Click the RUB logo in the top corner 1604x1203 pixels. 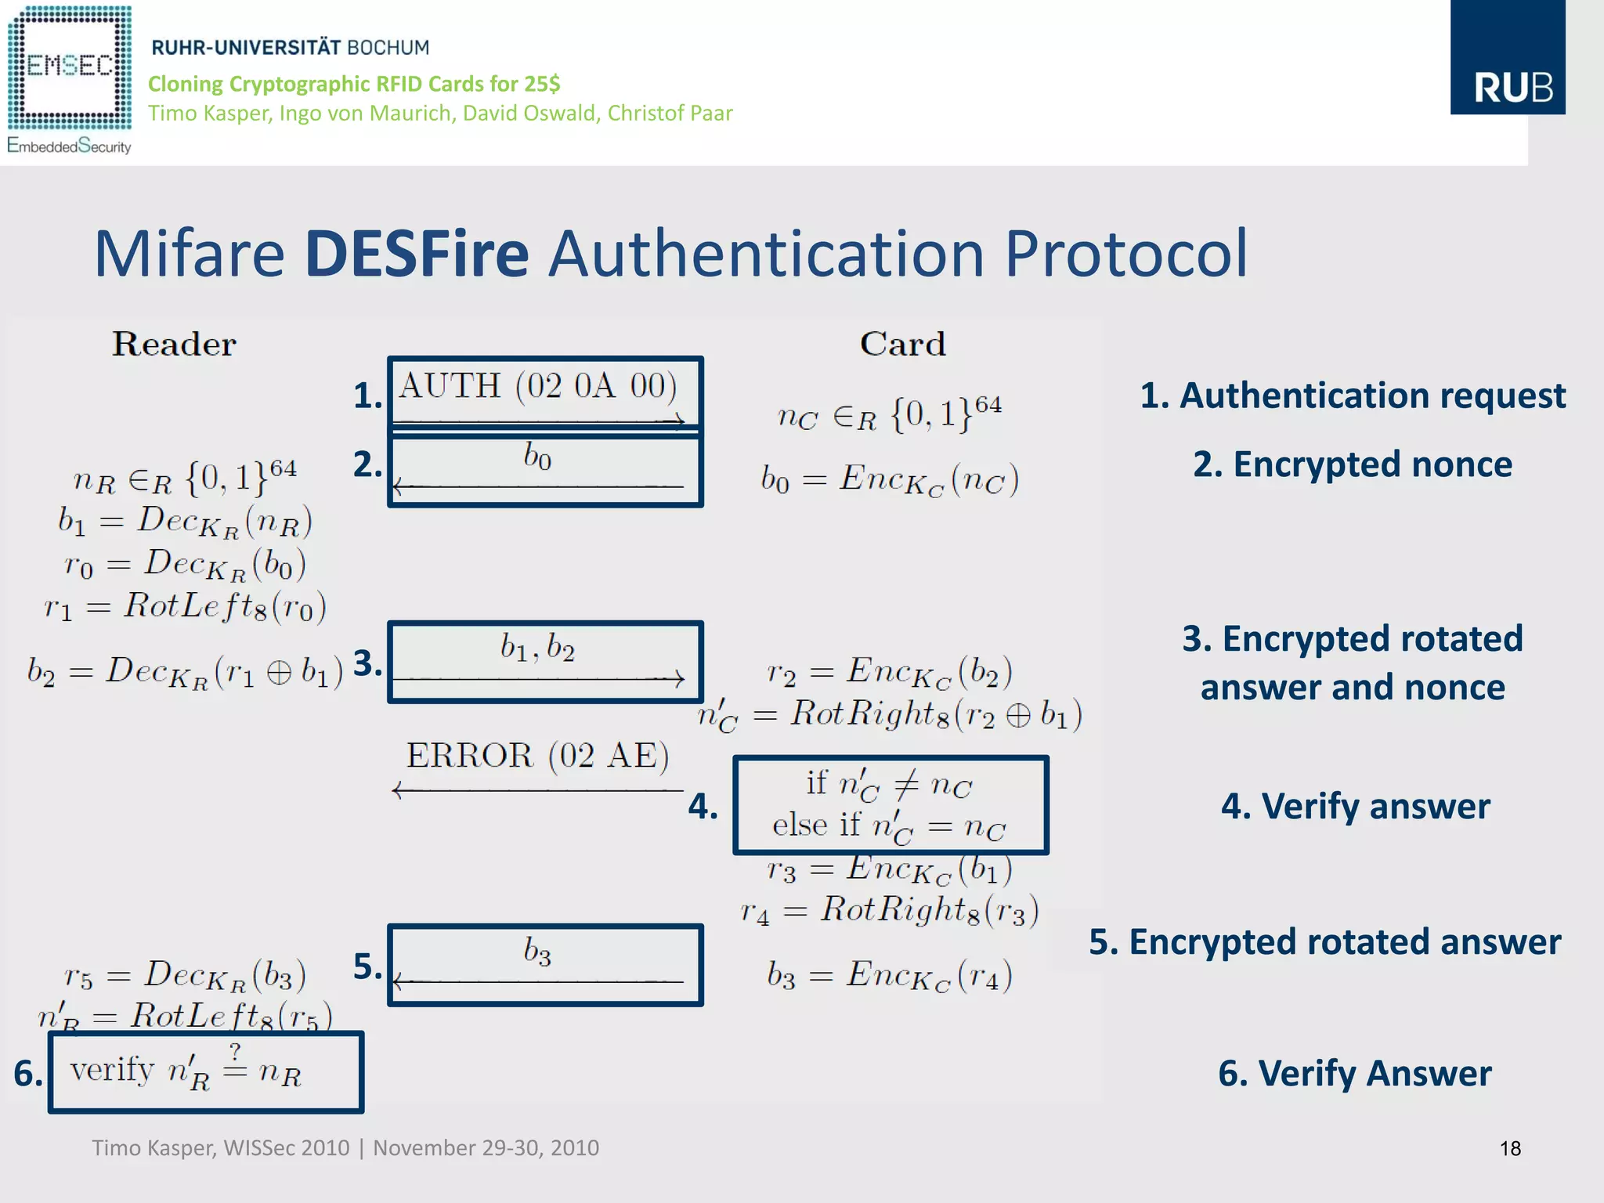click(x=1507, y=59)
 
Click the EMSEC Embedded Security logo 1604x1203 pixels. click(x=69, y=78)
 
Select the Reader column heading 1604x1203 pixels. click(x=174, y=345)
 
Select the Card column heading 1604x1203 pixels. click(x=903, y=345)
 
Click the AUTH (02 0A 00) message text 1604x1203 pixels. click(x=538, y=386)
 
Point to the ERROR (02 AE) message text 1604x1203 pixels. click(x=537, y=756)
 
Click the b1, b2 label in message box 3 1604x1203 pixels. click(x=537, y=648)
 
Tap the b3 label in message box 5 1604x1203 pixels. click(x=537, y=952)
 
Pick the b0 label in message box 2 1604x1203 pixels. click(x=537, y=456)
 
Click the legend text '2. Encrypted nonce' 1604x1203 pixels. click(x=1353, y=464)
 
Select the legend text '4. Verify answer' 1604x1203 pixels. click(x=1355, y=806)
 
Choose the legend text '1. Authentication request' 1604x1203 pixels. click(x=1353, y=396)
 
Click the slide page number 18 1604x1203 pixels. click(x=1510, y=1148)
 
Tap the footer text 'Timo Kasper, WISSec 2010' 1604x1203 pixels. click(x=221, y=1148)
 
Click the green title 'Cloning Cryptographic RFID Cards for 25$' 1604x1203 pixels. click(x=354, y=84)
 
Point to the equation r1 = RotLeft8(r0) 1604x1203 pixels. click(x=185, y=606)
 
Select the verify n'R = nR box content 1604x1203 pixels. click(x=186, y=1070)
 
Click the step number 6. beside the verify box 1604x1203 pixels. click(x=28, y=1073)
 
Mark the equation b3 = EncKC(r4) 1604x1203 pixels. click(x=890, y=976)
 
